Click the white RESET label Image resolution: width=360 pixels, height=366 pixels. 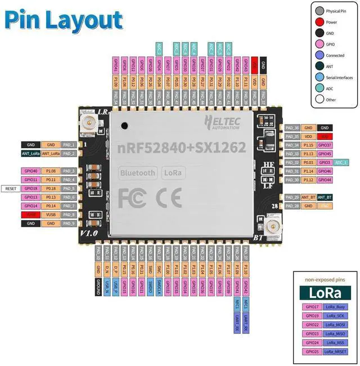(x=11, y=188)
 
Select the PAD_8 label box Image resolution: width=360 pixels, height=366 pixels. (x=69, y=215)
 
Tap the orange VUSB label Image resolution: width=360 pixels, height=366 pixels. (x=50, y=215)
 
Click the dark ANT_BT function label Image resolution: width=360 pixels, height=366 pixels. (x=325, y=197)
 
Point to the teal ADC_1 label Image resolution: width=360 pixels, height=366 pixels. (x=341, y=162)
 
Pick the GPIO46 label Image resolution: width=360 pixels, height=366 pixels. (x=325, y=171)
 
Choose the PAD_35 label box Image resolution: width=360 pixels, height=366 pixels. (x=292, y=136)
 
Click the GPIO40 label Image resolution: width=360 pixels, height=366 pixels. (x=30, y=171)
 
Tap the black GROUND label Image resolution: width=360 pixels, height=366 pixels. (x=98, y=283)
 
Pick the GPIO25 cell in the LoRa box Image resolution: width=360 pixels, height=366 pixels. (x=311, y=351)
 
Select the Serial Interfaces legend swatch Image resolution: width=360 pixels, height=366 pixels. (x=319, y=78)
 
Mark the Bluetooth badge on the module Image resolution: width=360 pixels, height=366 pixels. (x=137, y=173)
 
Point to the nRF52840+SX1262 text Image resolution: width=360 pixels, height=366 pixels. (x=181, y=148)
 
